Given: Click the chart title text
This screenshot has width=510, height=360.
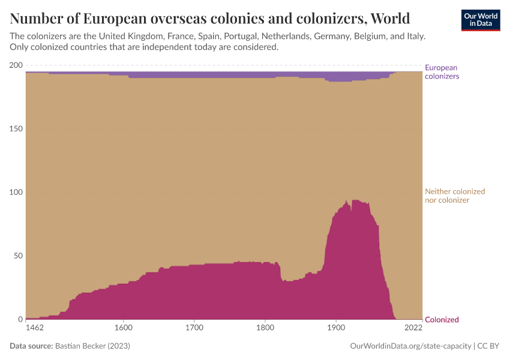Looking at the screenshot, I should (209, 16).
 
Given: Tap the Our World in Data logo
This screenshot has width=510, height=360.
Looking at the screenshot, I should (480, 20).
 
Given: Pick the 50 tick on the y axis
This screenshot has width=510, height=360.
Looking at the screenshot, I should (18, 256).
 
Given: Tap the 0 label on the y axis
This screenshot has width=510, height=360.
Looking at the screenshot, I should (20, 320).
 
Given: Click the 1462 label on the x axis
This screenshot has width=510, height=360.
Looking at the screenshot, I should (35, 328).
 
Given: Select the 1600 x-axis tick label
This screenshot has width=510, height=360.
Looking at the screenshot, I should (122, 328).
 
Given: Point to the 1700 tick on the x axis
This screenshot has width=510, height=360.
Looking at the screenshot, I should (193, 328).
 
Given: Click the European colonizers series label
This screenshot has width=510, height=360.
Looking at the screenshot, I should (442, 72).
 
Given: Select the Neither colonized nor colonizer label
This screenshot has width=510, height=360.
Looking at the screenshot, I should (454, 196).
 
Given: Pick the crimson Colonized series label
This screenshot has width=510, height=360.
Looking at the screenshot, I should (442, 320).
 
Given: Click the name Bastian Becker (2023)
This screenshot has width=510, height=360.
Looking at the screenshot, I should (92, 346).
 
